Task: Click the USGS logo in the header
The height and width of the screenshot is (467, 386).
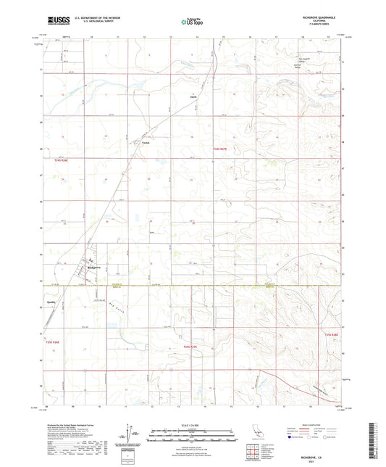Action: tap(54, 21)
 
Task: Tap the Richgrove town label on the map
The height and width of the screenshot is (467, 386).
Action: tap(92, 268)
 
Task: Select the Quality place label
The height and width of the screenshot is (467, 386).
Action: tap(51, 302)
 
